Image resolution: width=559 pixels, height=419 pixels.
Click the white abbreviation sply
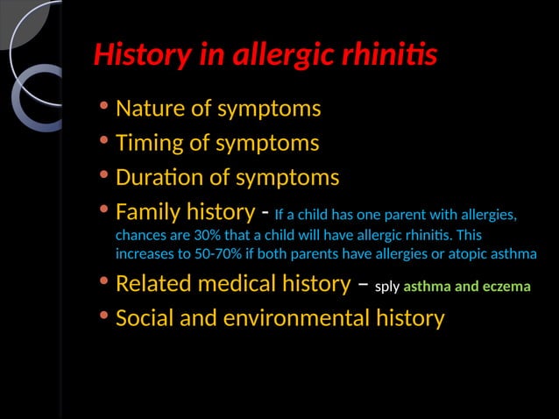click(x=387, y=287)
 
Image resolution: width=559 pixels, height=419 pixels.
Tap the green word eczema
click(x=507, y=287)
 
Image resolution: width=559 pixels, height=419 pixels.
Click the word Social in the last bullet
click(x=144, y=317)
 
